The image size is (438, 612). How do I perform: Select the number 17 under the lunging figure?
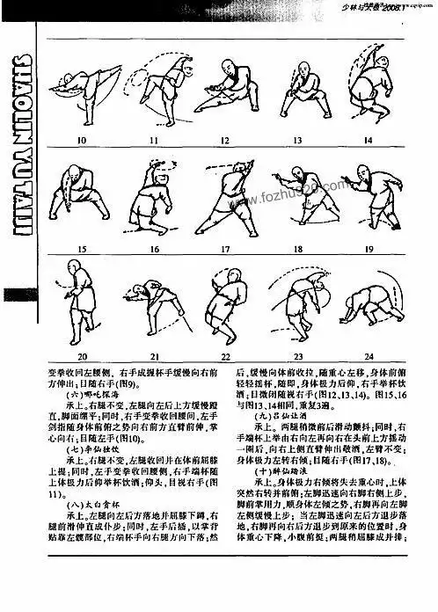click(224, 249)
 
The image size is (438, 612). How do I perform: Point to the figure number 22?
click(225, 356)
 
